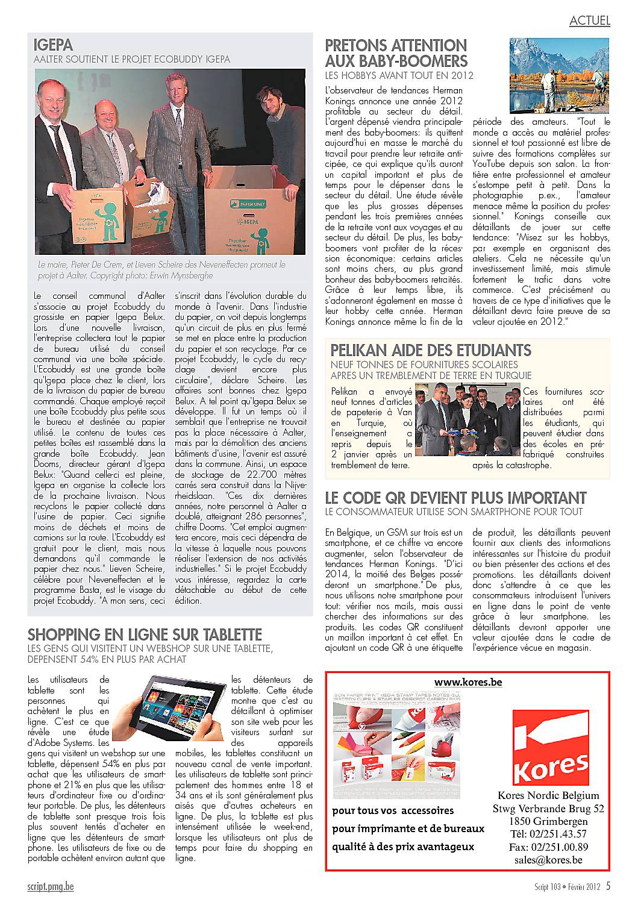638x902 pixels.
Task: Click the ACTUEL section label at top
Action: tap(590, 20)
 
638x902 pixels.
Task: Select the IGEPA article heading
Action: tap(54, 45)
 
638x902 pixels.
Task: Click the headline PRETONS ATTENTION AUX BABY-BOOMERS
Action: tap(396, 53)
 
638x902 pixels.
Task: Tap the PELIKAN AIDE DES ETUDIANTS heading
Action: tap(431, 350)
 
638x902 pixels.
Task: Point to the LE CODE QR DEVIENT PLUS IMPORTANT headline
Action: tap(455, 498)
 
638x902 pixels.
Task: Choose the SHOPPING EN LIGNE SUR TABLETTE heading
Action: tap(145, 634)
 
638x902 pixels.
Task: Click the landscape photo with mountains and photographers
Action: tap(560, 75)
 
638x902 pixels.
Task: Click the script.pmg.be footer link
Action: tap(51, 886)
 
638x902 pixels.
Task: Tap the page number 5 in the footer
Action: tap(608, 886)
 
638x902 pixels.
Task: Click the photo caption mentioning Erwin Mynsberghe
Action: tap(160, 269)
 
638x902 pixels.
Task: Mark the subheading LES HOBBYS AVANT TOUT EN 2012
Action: tap(399, 75)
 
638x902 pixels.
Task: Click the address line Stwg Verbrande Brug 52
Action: tap(548, 809)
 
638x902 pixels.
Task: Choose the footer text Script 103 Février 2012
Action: tap(566, 887)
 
